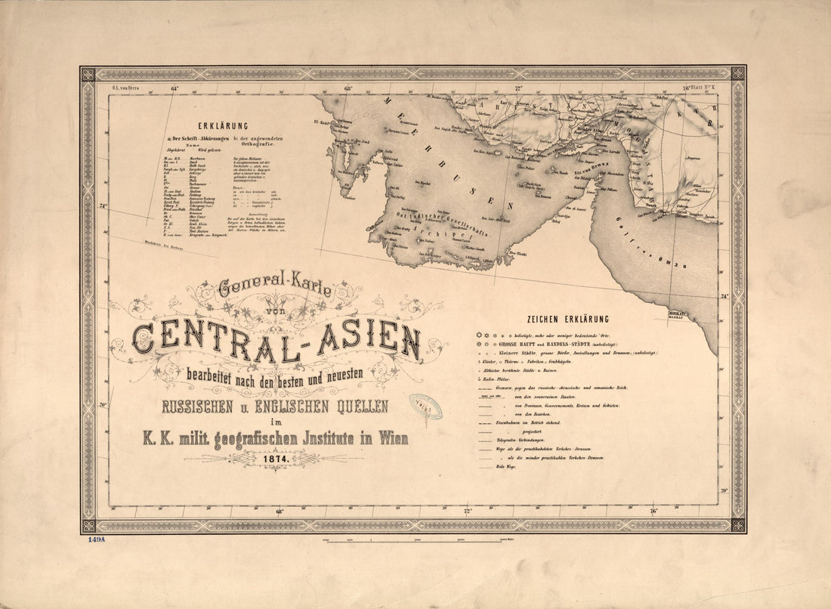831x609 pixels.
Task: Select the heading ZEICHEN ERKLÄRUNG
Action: pyautogui.click(x=567, y=320)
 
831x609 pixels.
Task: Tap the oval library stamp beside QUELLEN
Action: pyautogui.click(x=425, y=406)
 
